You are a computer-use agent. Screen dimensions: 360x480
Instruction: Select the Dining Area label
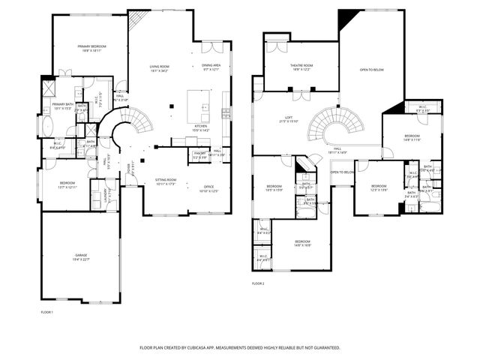click(x=211, y=67)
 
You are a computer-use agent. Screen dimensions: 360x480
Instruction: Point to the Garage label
click(x=81, y=257)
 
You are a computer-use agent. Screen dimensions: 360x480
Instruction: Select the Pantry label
click(x=199, y=157)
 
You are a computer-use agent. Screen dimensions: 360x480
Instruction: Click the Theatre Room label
click(x=301, y=67)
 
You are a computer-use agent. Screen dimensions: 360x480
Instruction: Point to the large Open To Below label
click(x=372, y=70)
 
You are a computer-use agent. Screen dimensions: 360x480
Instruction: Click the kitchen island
click(x=198, y=100)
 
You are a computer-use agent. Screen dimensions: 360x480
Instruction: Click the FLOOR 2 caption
click(x=258, y=283)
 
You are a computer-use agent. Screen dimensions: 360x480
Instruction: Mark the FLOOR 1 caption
click(x=46, y=310)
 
